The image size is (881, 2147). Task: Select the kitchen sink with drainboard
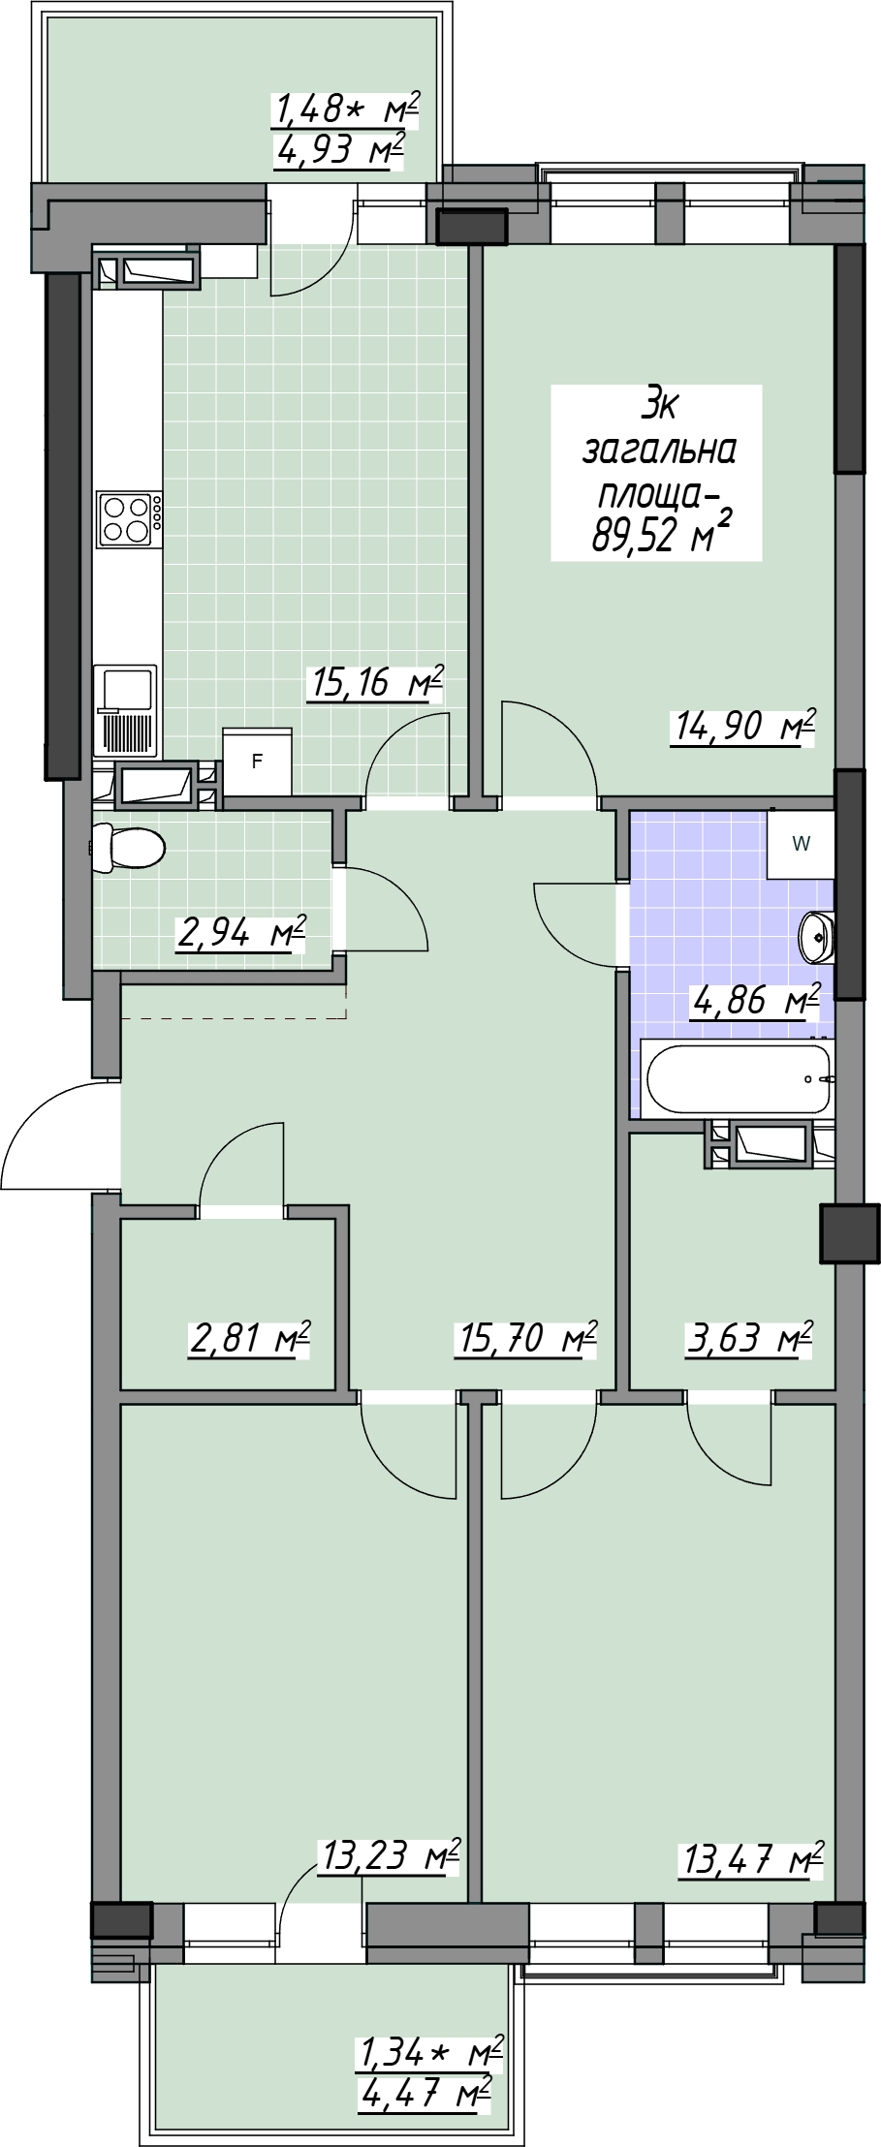click(125, 711)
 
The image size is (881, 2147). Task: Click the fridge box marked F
click(257, 762)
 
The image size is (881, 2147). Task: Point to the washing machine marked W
click(801, 843)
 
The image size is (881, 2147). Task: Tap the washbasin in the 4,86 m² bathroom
click(816, 936)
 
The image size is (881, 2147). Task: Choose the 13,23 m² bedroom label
click(388, 1856)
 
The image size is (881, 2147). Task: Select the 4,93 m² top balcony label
click(339, 151)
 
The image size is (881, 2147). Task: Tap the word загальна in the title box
click(657, 451)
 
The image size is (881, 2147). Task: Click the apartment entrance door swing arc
click(53, 1119)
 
